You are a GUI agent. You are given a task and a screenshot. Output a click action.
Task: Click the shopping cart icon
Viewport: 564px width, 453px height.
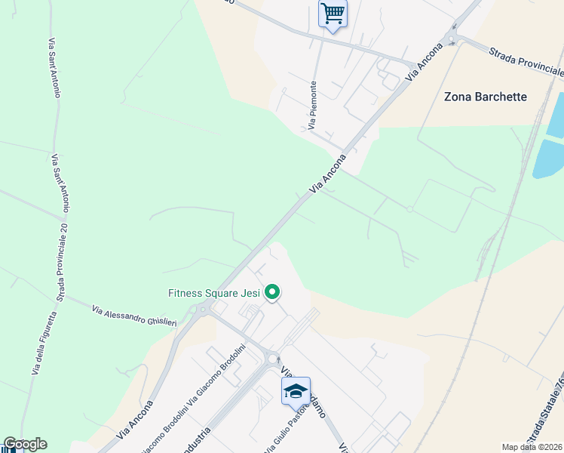[x=333, y=14]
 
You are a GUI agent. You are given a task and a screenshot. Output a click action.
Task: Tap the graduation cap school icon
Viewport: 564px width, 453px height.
[x=296, y=390]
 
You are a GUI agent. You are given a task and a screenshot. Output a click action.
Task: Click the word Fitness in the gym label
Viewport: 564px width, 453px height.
[x=185, y=293]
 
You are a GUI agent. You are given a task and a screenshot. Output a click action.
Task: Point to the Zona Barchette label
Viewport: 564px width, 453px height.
[x=486, y=97]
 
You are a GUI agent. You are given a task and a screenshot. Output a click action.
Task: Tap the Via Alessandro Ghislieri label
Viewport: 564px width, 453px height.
[x=134, y=316]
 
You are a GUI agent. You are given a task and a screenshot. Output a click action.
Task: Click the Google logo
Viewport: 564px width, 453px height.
[x=25, y=444]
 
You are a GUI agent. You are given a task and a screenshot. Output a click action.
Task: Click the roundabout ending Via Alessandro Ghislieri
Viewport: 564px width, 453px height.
[x=202, y=309]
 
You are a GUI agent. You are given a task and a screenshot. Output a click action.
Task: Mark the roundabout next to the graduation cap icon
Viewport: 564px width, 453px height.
[x=274, y=361]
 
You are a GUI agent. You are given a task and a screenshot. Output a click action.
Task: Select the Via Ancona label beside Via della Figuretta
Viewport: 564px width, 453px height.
[x=135, y=420]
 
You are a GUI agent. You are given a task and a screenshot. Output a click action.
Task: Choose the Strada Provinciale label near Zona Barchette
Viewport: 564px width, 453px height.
[x=526, y=62]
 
